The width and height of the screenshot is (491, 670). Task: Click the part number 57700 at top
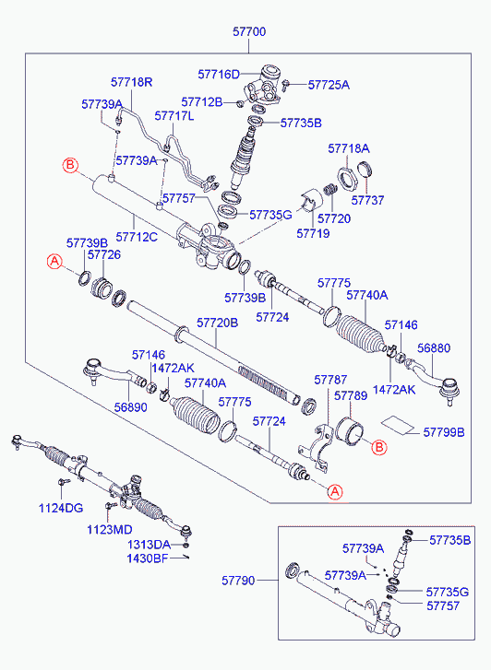click(x=249, y=31)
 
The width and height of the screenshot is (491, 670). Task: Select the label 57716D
click(x=219, y=75)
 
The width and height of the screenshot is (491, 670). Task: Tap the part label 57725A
click(x=329, y=85)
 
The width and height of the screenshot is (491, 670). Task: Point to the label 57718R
click(x=131, y=82)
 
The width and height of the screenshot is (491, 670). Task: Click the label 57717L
click(x=174, y=116)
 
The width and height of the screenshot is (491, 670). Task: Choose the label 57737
click(x=367, y=200)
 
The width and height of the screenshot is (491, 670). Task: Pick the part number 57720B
click(x=218, y=323)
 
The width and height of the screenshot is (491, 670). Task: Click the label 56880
click(x=434, y=347)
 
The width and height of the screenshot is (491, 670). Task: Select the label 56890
click(x=130, y=407)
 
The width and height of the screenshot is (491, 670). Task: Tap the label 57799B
click(x=444, y=432)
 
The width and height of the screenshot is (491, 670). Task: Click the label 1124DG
click(x=61, y=508)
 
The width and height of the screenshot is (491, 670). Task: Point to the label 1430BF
click(x=148, y=558)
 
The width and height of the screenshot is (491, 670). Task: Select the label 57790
click(x=238, y=581)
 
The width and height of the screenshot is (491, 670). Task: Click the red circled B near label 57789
click(x=378, y=447)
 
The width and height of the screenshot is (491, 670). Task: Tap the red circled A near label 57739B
click(x=54, y=261)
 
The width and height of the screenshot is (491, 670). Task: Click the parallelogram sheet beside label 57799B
click(x=398, y=425)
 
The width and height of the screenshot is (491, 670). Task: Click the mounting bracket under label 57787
click(x=317, y=447)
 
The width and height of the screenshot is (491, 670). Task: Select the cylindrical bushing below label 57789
click(x=350, y=431)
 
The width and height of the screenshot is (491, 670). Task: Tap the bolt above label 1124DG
click(x=63, y=482)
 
